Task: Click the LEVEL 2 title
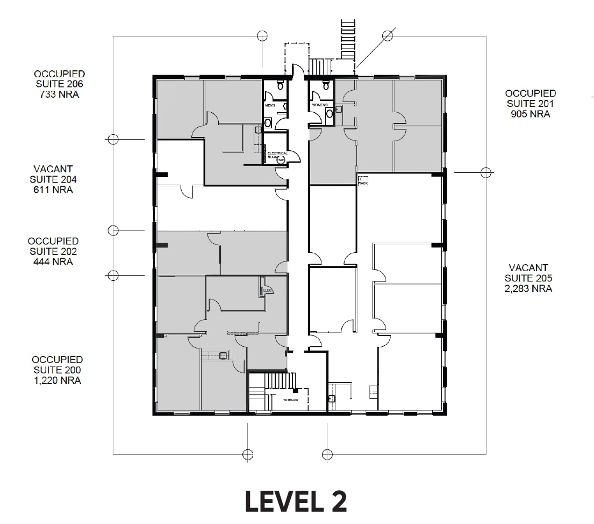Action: point(296,500)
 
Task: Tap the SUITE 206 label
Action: point(59,84)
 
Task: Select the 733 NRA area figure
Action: point(59,94)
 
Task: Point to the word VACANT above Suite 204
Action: point(53,169)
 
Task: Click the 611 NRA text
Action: point(53,190)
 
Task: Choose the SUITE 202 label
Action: point(53,252)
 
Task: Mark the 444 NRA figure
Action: point(53,262)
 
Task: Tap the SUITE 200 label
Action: point(58,370)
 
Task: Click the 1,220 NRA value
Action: point(57,380)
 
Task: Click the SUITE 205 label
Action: point(528,278)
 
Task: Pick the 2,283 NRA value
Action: point(528,288)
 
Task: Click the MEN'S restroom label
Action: point(270,105)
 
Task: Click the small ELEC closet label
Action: point(268,290)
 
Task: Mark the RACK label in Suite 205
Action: point(363,183)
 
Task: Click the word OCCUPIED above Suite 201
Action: point(531,93)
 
